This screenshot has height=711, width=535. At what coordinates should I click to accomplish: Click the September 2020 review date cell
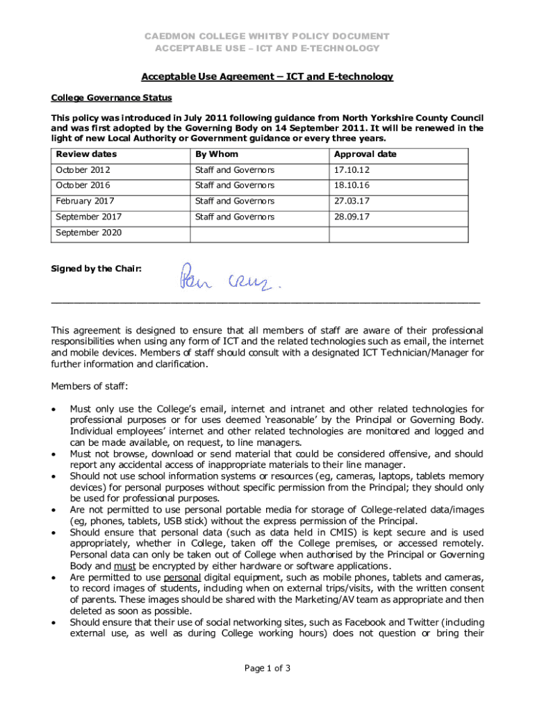pos(89,233)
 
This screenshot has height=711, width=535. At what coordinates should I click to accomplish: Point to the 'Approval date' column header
pos(365,154)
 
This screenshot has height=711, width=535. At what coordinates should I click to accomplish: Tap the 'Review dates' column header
pos(86,154)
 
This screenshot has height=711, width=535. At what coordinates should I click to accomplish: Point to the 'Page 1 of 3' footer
pos(267,669)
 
